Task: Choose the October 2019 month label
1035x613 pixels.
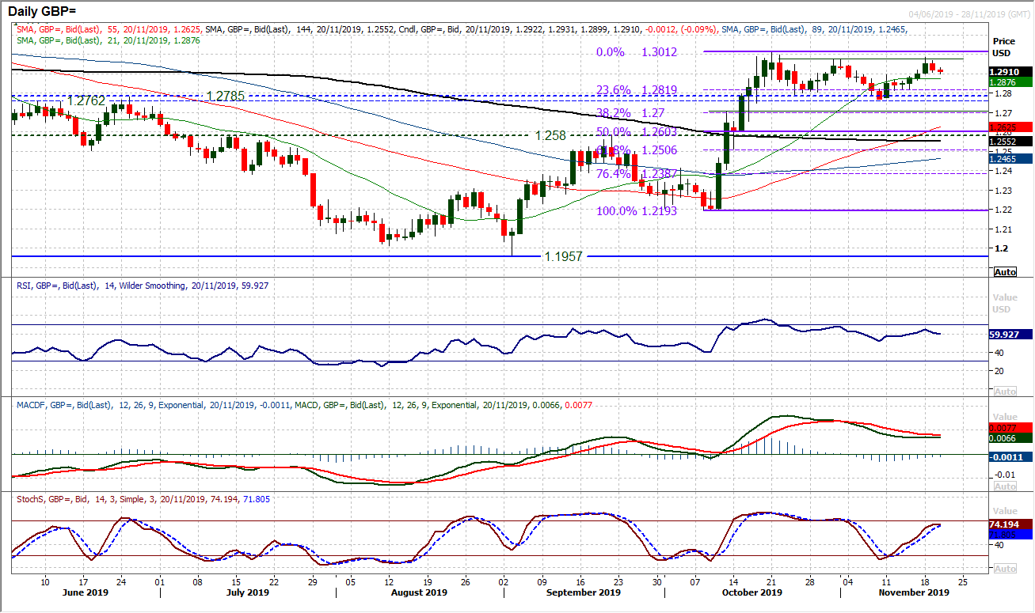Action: click(x=751, y=592)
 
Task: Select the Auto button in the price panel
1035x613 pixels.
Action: click(x=1004, y=271)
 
